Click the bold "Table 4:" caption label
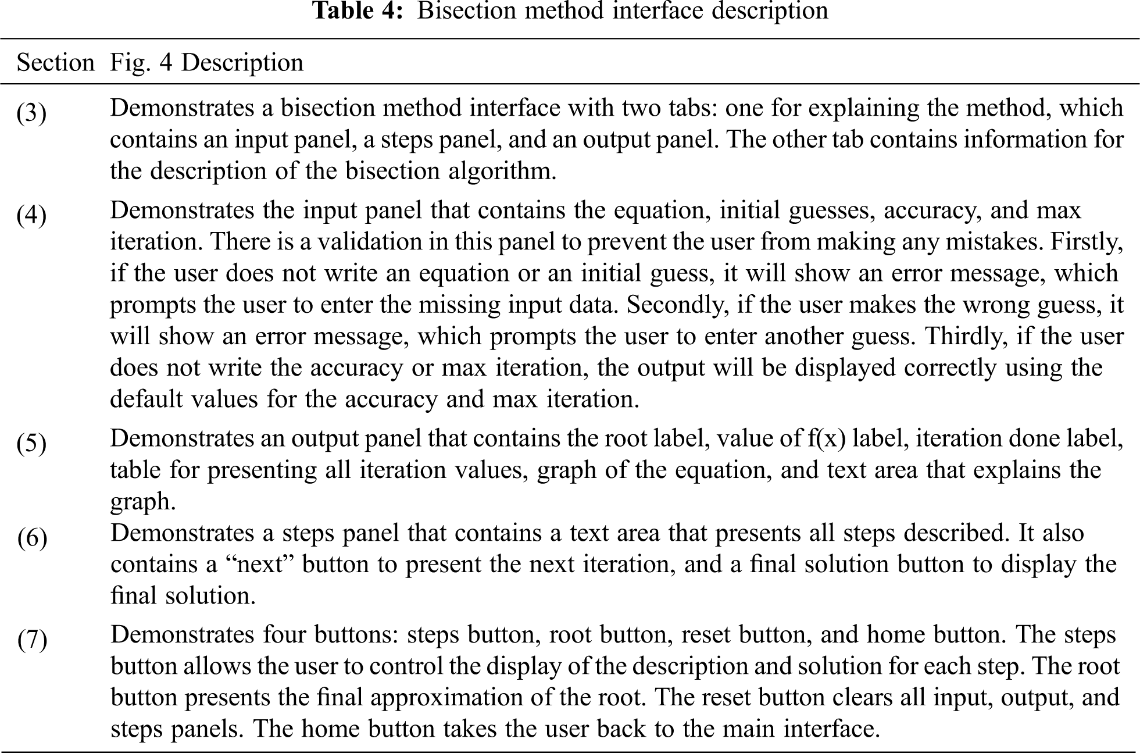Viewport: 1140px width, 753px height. click(x=358, y=10)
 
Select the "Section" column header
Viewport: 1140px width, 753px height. click(x=55, y=62)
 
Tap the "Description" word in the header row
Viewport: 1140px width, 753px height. click(x=242, y=62)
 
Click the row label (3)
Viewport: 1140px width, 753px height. click(x=31, y=113)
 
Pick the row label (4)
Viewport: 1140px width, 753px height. click(x=31, y=215)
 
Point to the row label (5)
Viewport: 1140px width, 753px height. click(x=31, y=443)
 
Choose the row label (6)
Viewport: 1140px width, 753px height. click(x=32, y=538)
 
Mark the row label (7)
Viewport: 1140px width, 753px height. click(x=32, y=640)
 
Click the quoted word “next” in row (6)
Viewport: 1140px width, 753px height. click(x=259, y=565)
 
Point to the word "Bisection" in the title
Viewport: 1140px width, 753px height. click(x=466, y=10)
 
